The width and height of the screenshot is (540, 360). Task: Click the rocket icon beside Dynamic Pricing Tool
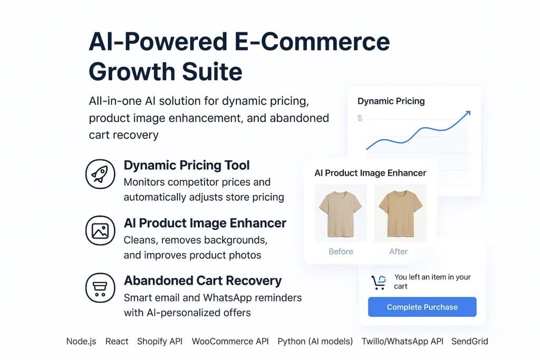tap(100, 174)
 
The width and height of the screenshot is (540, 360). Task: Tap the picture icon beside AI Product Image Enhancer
tap(100, 230)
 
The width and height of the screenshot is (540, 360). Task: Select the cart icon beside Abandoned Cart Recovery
tap(100, 288)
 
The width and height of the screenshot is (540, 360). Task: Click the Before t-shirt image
tap(341, 213)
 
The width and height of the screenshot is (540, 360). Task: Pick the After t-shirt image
tap(401, 213)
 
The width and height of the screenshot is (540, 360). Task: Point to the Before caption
tap(341, 251)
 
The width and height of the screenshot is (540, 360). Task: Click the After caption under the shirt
tap(399, 251)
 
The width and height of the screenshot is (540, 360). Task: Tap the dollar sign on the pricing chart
tap(360, 118)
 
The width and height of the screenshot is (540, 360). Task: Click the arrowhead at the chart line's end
tap(468, 113)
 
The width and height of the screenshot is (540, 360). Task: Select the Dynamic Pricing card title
tap(391, 101)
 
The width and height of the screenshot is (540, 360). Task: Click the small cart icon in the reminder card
tap(379, 283)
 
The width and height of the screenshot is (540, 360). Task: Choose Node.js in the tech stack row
tap(81, 342)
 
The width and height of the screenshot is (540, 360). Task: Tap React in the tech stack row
tap(117, 342)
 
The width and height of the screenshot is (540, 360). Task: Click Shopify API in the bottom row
tap(160, 342)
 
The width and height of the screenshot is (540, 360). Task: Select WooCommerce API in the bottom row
tap(230, 342)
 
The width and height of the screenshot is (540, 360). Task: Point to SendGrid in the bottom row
tap(470, 342)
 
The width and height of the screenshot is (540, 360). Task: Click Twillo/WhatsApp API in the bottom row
tap(402, 342)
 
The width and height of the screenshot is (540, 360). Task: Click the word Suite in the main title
tap(212, 72)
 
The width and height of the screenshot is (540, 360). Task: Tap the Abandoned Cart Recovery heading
tap(203, 280)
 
